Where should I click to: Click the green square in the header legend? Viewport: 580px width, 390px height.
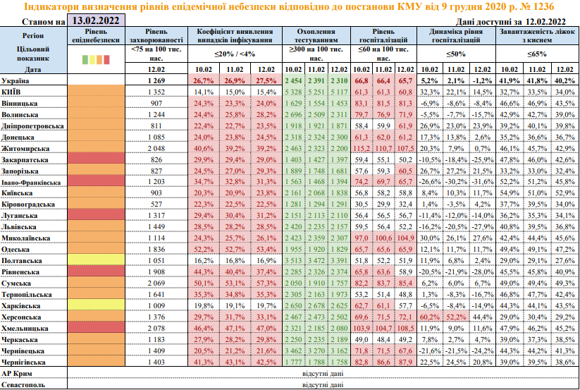click(86, 59)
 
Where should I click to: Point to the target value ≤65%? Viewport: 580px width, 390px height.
click(536, 54)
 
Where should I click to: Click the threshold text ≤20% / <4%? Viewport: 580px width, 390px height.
click(235, 54)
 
